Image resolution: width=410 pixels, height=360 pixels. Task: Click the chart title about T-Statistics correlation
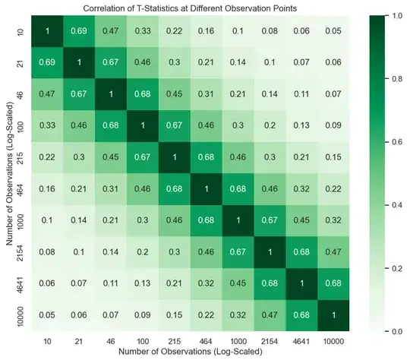click(189, 7)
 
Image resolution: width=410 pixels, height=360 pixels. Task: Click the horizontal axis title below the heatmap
click(189, 352)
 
